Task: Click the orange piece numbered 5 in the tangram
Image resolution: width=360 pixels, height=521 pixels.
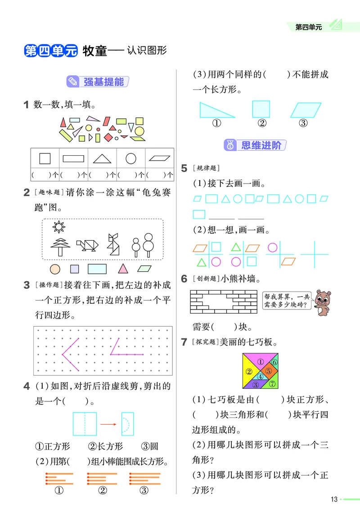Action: (269, 371)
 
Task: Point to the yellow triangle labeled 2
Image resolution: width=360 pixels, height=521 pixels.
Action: (248, 372)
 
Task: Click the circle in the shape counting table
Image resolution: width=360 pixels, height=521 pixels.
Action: (131, 158)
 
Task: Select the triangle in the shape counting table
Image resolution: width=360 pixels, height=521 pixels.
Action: (102, 158)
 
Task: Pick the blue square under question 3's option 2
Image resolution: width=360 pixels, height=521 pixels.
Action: (261, 109)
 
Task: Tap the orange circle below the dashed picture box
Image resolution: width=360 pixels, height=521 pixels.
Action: (55, 269)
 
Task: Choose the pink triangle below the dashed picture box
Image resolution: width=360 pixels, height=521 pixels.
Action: (122, 269)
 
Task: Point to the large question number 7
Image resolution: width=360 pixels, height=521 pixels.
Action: (184, 342)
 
